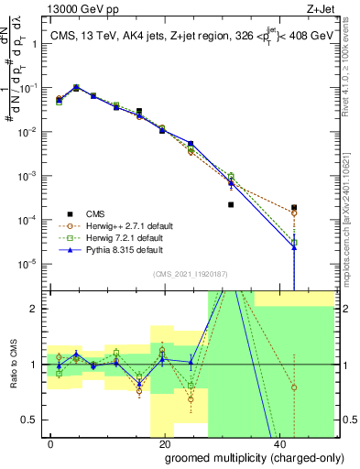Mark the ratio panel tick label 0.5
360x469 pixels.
[32, 420]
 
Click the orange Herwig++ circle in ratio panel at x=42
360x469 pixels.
[294, 387]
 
